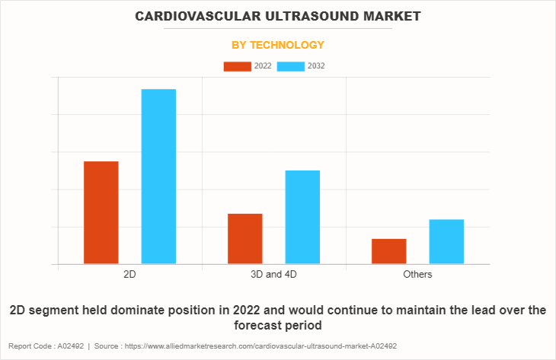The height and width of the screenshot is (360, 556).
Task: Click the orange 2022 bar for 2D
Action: pos(101,212)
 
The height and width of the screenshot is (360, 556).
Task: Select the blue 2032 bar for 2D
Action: pos(158,177)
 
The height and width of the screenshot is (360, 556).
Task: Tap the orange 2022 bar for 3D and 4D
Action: pos(245,238)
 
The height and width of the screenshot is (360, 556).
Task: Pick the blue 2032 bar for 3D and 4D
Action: pos(302,217)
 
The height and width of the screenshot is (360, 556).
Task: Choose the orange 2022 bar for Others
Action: pos(389,251)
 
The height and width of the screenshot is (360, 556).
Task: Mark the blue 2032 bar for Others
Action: pos(446,241)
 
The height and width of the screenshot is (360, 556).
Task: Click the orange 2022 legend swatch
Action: pos(237,66)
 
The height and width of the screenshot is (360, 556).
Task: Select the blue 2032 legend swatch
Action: pos(291,66)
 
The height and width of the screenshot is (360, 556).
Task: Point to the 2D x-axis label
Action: pos(130,274)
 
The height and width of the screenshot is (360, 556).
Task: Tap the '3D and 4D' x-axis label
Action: pos(273,274)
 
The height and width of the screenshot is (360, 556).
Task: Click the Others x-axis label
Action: pos(417,274)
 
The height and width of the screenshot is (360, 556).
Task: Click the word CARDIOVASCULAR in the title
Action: pos(194,16)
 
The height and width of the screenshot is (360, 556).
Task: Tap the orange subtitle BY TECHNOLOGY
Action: pos(278,45)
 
